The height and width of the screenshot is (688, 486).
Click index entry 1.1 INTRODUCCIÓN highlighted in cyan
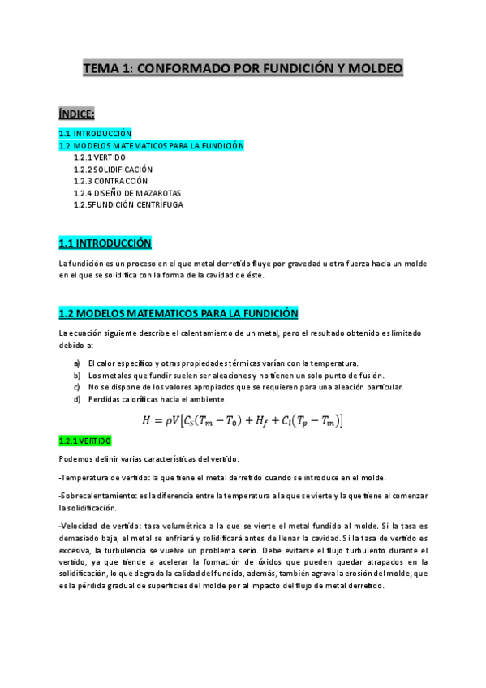tap(95, 133)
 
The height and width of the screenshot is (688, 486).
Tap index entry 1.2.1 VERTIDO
tap(99, 157)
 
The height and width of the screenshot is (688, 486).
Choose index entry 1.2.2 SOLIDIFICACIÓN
tap(112, 170)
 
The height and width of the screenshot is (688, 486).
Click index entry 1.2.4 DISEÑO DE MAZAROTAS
tap(127, 193)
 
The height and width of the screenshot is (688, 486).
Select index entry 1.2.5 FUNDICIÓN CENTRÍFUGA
tap(128, 205)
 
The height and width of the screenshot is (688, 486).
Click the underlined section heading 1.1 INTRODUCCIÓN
tap(105, 243)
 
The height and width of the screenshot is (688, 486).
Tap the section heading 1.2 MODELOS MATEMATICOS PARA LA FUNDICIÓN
tap(178, 313)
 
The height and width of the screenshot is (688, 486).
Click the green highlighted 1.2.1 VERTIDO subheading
tap(84, 441)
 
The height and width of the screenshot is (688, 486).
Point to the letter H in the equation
tap(147, 419)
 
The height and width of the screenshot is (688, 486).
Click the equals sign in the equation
tap(159, 420)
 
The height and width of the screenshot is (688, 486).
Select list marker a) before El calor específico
tap(77, 363)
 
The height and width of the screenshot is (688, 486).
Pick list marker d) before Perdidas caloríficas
tap(77, 399)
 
